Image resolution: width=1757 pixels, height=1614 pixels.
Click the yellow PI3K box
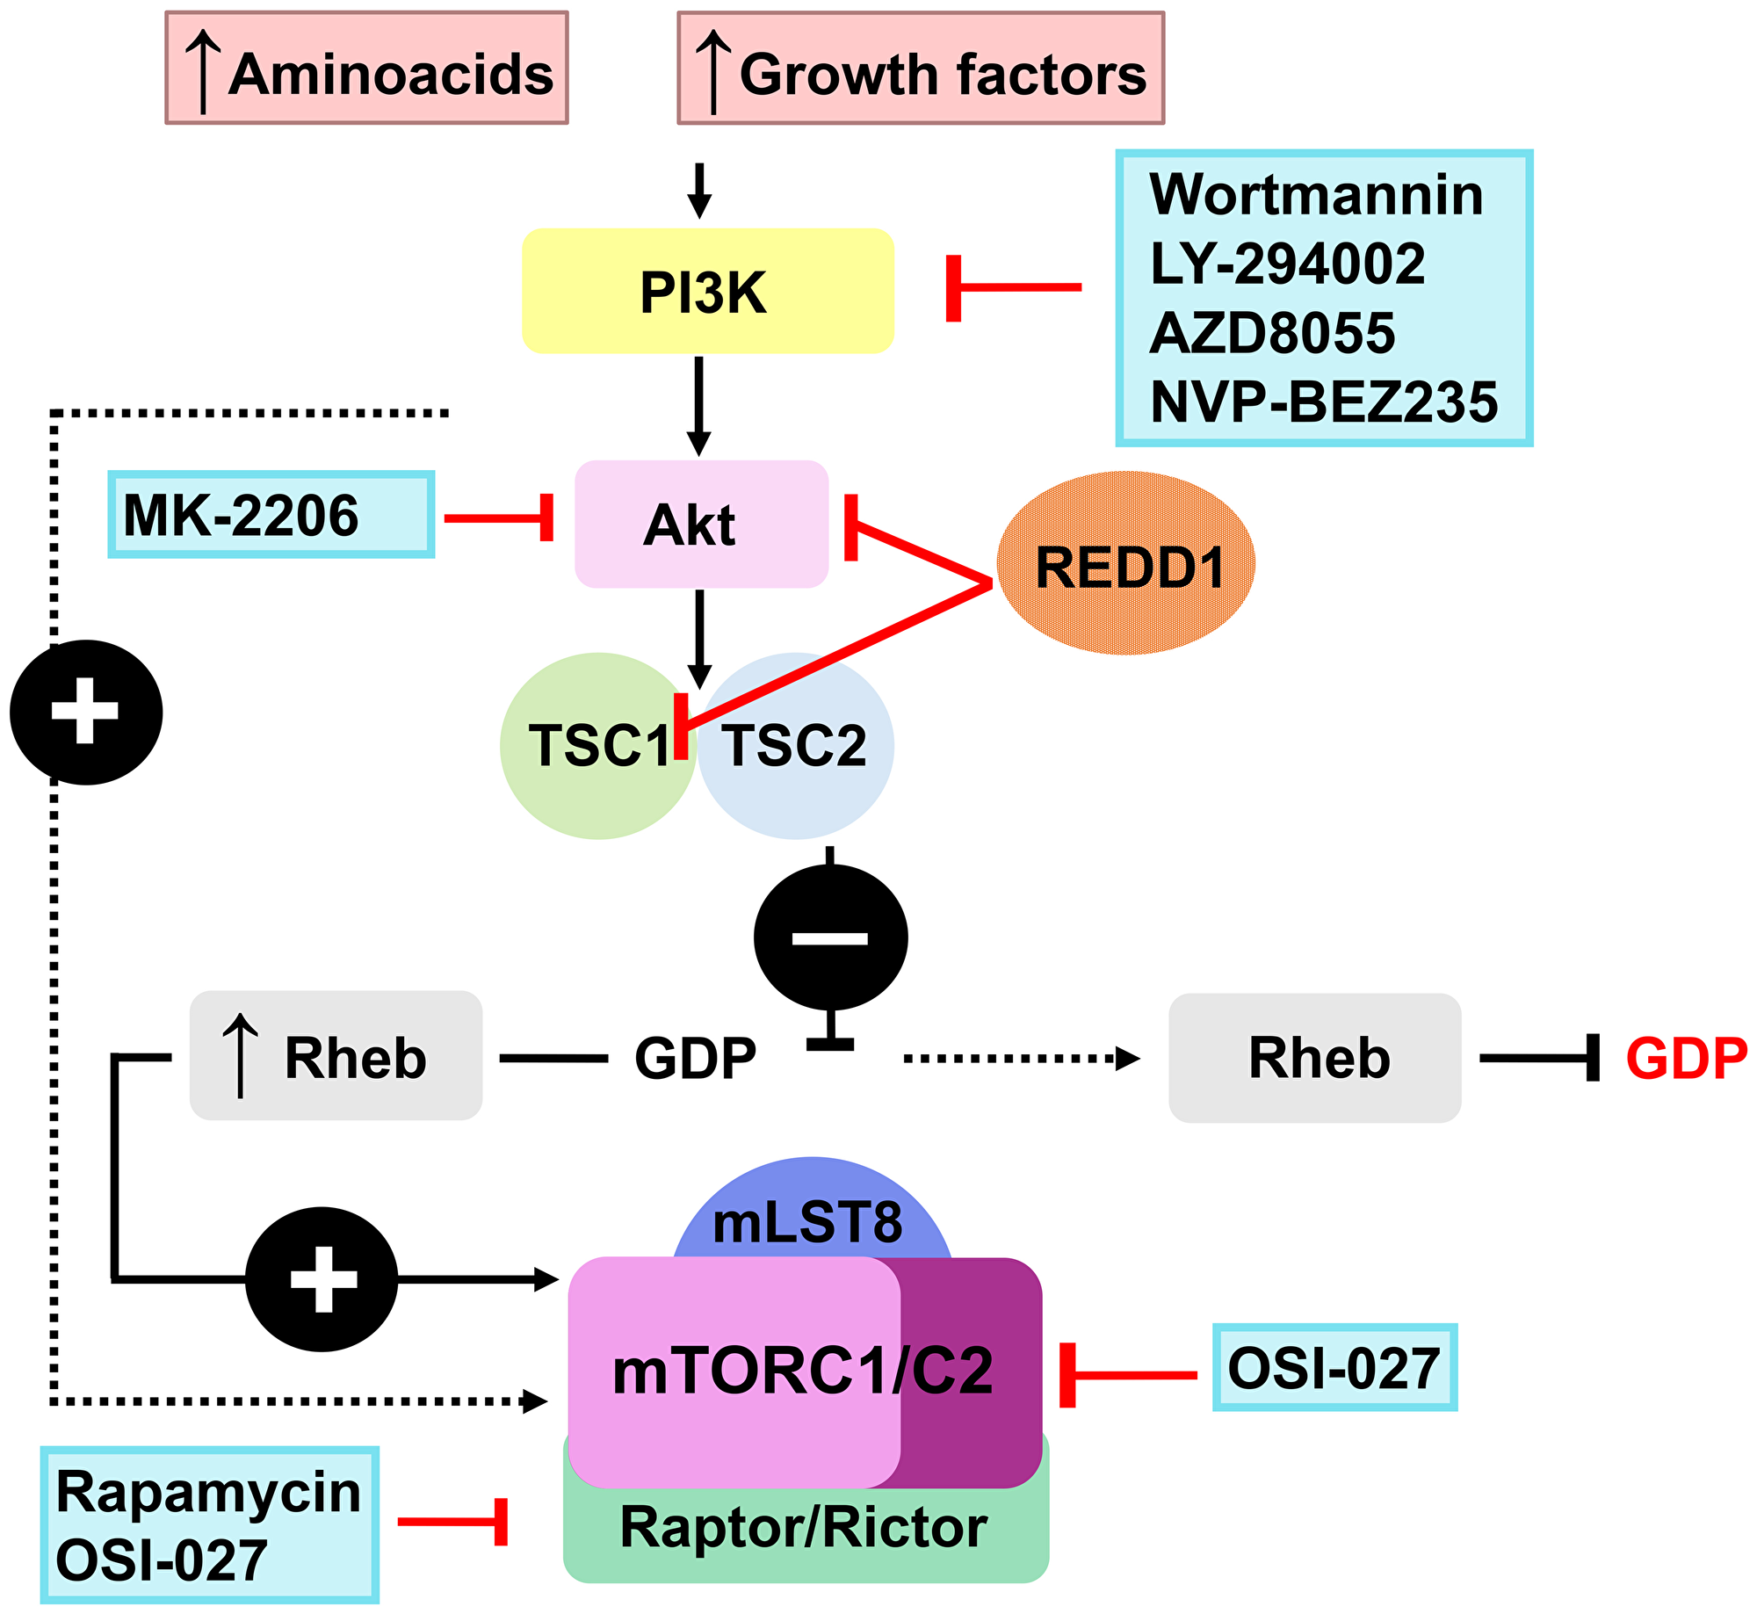click(x=707, y=291)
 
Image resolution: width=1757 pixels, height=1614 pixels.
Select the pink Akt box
click(x=701, y=524)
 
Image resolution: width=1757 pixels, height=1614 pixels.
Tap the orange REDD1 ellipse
click(x=1125, y=563)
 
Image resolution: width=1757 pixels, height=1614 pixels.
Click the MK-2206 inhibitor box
click(x=271, y=515)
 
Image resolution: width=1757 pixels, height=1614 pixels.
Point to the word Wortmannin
click(x=1315, y=194)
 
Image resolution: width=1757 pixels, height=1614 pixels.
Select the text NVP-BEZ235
click(x=1323, y=402)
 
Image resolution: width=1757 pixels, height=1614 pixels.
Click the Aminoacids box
click(x=366, y=69)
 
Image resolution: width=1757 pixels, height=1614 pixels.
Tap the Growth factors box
click(x=920, y=69)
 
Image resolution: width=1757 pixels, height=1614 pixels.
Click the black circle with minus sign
click(x=830, y=937)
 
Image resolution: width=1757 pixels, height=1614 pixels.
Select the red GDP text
click(x=1686, y=1058)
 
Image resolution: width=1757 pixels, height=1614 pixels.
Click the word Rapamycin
click(x=208, y=1492)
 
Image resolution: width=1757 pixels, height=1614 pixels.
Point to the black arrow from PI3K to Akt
click(x=698, y=404)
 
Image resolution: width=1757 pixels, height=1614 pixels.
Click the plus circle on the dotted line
click(x=85, y=712)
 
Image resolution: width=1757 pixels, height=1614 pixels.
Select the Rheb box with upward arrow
click(x=336, y=1055)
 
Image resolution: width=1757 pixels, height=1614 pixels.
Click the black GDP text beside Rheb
click(x=695, y=1058)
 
